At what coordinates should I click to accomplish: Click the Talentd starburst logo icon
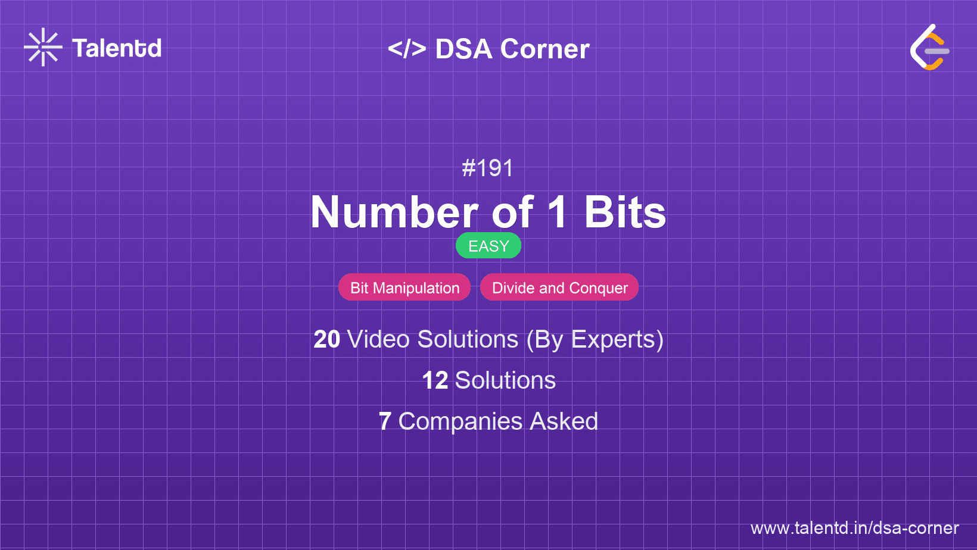coord(43,47)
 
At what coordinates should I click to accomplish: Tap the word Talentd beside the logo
coord(117,48)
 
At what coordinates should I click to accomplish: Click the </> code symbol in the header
coord(407,49)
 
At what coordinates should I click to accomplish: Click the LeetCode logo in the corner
coord(930,48)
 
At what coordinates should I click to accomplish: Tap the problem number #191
coord(488,168)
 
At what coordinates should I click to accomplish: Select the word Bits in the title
coord(625,212)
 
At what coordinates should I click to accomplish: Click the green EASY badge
coord(488,246)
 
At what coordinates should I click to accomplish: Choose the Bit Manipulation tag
coord(405,288)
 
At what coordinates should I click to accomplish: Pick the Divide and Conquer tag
coord(559,288)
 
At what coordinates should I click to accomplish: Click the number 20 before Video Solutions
coord(327,339)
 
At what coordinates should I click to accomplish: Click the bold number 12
coord(435,380)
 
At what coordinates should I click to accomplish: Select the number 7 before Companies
coord(385,421)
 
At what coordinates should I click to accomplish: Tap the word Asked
coord(564,421)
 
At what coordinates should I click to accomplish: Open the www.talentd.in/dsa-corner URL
coord(854,528)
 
